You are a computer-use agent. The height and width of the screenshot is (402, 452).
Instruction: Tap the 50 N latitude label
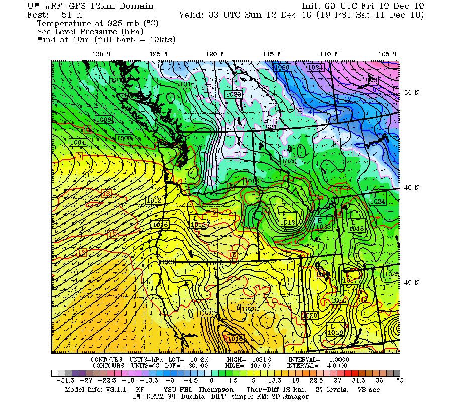412,93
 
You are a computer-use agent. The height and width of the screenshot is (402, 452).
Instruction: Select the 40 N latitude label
412,283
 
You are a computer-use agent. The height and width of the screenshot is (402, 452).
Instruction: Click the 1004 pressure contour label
78,142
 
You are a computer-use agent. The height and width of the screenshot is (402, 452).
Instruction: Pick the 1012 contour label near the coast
154,200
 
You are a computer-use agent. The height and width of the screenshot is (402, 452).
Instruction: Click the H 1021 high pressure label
268,124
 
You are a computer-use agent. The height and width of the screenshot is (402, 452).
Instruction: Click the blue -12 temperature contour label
373,89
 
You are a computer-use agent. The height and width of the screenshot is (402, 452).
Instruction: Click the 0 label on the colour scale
212,381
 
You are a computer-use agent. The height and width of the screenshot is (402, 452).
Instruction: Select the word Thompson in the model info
215,389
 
